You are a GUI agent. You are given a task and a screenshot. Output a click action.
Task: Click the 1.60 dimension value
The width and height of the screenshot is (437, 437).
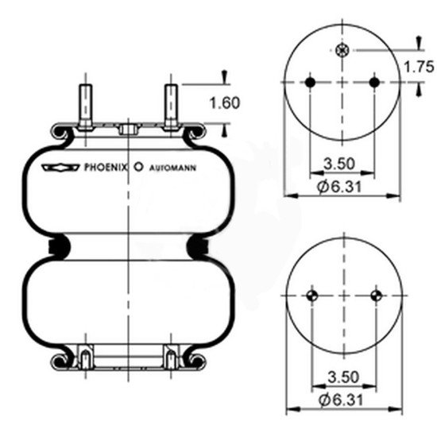click(x=225, y=102)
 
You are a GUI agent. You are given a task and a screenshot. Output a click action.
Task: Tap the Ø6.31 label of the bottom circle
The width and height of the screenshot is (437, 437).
click(x=338, y=398)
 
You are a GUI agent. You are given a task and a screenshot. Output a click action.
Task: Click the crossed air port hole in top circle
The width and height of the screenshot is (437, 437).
click(x=342, y=51)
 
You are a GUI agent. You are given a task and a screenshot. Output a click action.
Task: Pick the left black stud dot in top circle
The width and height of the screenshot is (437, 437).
click(x=311, y=82)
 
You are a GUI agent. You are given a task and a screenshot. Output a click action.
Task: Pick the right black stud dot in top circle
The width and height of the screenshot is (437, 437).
click(x=375, y=82)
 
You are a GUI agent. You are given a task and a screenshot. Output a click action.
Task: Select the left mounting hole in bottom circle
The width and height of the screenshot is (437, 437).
click(x=311, y=296)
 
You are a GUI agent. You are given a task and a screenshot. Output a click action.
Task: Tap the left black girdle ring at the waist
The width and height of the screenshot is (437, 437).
click(x=56, y=247)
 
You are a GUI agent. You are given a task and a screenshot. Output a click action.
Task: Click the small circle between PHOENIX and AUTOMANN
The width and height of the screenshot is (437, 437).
click(x=138, y=168)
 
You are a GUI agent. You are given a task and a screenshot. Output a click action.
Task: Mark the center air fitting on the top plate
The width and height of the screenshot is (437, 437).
click(x=127, y=128)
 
